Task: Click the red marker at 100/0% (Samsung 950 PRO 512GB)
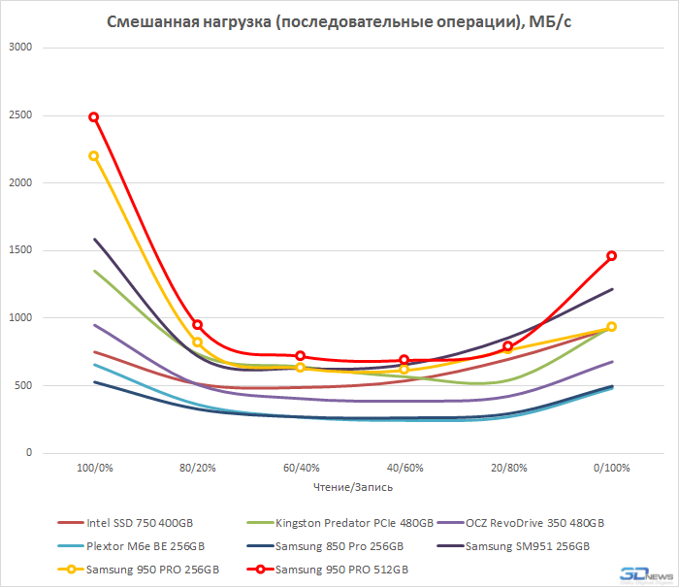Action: click(x=94, y=117)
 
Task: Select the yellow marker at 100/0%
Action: click(x=94, y=156)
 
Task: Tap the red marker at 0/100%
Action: click(x=611, y=256)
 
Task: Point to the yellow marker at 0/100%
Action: click(x=611, y=327)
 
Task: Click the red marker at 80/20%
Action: click(x=198, y=325)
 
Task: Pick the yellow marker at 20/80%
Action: click(x=507, y=348)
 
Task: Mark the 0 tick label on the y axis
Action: click(x=29, y=453)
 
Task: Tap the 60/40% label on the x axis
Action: click(x=301, y=468)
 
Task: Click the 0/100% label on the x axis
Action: click(x=611, y=468)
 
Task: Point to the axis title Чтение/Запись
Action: click(x=352, y=485)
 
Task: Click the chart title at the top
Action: click(x=339, y=21)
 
